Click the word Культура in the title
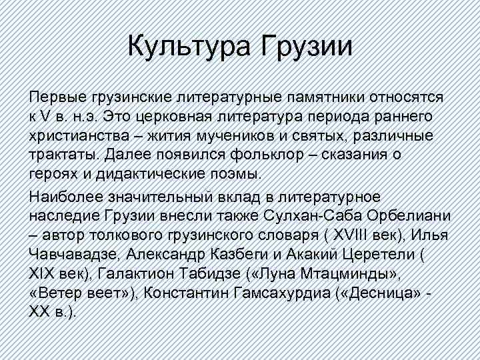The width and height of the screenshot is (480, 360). tap(189, 47)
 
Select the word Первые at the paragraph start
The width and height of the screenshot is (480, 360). tap(57, 97)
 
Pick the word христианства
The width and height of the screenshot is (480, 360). tap(79, 137)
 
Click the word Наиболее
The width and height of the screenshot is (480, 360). tap(66, 197)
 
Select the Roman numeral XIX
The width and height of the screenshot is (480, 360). tap(42, 274)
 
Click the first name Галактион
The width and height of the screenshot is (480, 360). tap(137, 274)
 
